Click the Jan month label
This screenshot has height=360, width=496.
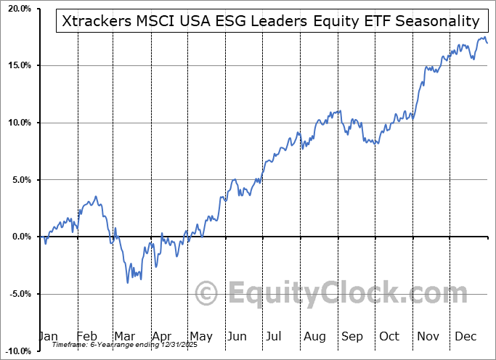(x=48, y=336)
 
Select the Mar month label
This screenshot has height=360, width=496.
(x=125, y=336)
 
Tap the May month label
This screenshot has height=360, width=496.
(x=200, y=336)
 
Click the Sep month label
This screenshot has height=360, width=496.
(x=353, y=336)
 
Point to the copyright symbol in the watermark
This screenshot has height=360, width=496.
(x=208, y=294)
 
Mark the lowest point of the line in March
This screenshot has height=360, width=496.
(x=129, y=282)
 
